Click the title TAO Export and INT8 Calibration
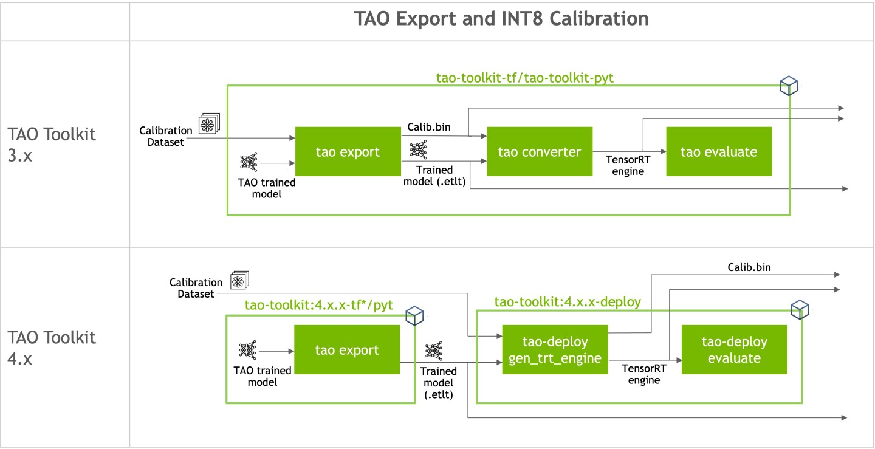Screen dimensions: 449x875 [501, 19]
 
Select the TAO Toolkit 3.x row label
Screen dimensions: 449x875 [52, 143]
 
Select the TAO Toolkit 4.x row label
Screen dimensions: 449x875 [52, 348]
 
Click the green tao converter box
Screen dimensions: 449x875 [540, 152]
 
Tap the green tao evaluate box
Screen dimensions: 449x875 [719, 152]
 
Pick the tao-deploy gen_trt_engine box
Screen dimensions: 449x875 [555, 350]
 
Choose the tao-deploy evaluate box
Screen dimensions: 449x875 [734, 350]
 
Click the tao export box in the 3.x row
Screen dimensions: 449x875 [348, 152]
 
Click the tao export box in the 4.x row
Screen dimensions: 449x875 [346, 351]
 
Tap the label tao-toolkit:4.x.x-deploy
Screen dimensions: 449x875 [568, 301]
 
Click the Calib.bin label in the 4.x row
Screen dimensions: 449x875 [749, 267]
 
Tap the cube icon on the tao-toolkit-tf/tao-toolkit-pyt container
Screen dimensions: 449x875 [789, 86]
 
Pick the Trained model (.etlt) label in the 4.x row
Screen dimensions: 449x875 [439, 383]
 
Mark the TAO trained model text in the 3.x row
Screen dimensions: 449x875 [266, 188]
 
